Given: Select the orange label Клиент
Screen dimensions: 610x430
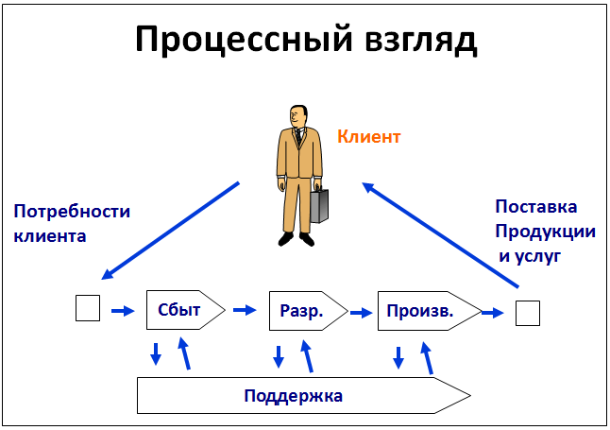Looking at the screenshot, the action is tap(369, 137).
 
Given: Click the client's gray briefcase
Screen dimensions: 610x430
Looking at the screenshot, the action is tap(319, 206).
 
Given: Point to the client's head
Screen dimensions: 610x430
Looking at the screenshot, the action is tap(298, 116).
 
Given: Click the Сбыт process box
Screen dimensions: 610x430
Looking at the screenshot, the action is tap(186, 310).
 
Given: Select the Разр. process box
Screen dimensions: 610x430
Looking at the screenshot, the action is tap(308, 311).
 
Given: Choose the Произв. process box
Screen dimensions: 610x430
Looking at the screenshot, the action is tap(430, 311).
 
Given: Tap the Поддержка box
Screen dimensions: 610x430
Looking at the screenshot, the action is tap(304, 395).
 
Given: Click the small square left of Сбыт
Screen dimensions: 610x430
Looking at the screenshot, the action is tap(88, 308).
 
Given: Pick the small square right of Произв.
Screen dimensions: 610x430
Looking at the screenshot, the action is tap(528, 313).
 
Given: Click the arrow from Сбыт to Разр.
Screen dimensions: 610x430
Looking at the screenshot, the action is tap(245, 310).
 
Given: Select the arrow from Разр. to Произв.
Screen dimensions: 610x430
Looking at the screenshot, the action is tap(361, 313).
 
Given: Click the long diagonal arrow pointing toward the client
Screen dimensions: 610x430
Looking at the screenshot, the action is tap(440, 235).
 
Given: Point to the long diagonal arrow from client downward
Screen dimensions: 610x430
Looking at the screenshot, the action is tap(170, 231).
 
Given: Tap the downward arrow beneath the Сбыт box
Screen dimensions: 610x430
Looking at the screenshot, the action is tap(156, 354).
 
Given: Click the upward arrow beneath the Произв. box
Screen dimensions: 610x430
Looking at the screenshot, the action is tap(428, 358).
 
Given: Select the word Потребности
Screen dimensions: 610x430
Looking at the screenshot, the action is tap(72, 212).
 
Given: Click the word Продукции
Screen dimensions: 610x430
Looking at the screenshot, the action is tap(546, 232).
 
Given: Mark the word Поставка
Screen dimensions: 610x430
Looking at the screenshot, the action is tap(536, 207).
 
